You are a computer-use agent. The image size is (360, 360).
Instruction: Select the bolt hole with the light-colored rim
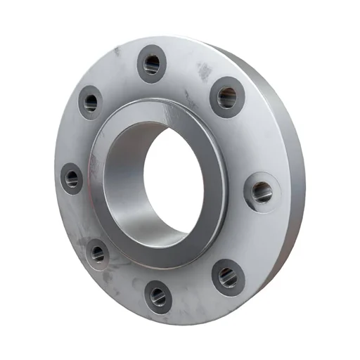262,191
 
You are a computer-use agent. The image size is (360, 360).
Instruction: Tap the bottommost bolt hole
158,297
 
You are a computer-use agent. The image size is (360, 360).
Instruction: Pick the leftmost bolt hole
72,178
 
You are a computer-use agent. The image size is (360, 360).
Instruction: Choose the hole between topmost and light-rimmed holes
226,97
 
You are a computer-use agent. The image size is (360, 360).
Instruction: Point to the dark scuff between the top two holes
204,70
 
